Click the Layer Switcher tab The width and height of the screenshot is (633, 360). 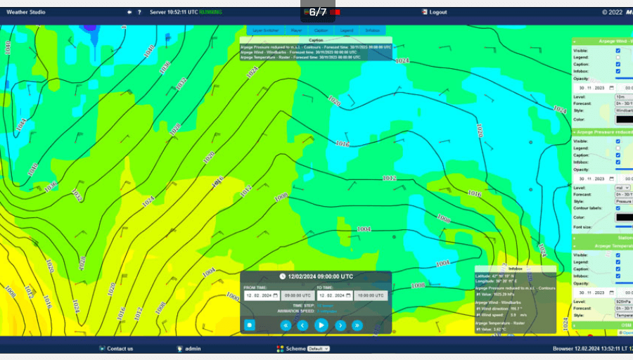point(265,30)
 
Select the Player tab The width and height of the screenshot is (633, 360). point(297,30)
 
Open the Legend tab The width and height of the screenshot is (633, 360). point(347,30)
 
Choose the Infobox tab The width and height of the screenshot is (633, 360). point(373,30)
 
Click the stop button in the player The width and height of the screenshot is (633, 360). point(250,325)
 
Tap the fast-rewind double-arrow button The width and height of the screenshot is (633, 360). point(286,325)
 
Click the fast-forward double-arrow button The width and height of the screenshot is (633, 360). point(357,325)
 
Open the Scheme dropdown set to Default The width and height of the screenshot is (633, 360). point(319,348)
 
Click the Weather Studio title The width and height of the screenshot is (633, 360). point(26,12)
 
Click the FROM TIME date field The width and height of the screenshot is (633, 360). point(262,295)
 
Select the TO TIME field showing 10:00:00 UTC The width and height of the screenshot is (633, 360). point(371,295)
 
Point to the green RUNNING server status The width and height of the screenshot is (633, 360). point(210,12)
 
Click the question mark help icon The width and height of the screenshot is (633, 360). point(139,12)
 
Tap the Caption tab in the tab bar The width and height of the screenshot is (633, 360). point(321,30)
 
